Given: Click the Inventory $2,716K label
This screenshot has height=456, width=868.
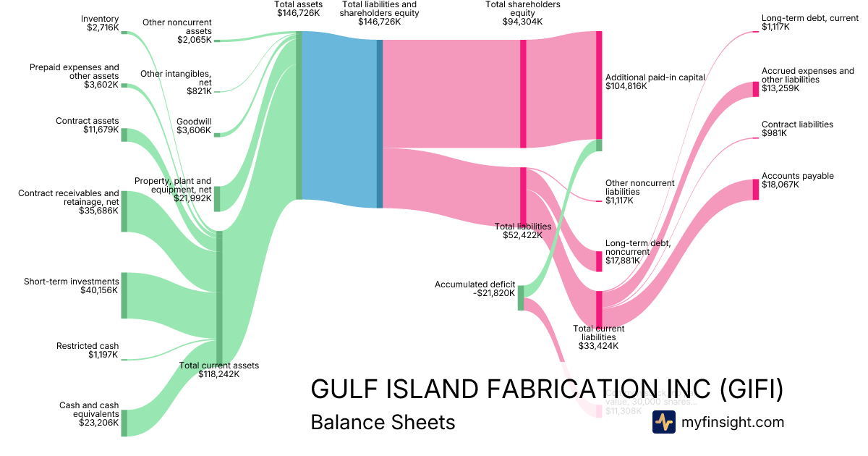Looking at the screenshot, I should (100, 24).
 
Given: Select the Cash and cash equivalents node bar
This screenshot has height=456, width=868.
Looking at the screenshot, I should (124, 423).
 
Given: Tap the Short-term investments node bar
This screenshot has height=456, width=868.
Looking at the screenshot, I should (124, 295).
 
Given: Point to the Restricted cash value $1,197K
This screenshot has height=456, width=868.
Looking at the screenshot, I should (103, 355).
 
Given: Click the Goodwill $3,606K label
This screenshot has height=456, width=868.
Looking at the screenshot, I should (194, 127).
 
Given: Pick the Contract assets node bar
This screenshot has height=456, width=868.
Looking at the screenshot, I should (124, 135).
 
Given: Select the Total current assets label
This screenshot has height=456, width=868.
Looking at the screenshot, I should (218, 370).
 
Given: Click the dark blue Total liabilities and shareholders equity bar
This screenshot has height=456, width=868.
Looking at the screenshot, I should (379, 124).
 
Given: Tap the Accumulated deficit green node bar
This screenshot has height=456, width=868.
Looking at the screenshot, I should (520, 298).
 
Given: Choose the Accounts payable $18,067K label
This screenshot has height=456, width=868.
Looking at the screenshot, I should (797, 180).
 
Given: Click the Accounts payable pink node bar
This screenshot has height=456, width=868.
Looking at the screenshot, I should (756, 189).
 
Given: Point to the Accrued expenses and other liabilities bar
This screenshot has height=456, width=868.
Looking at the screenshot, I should (756, 89).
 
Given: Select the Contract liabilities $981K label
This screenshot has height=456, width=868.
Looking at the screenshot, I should (797, 129).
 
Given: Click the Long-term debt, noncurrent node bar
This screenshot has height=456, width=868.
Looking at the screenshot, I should (598, 261).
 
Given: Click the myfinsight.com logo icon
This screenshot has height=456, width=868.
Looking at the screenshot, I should (663, 422).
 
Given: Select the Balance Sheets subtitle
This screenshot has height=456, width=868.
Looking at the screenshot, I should (383, 422).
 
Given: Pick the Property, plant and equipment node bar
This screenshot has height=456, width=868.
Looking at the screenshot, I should (216, 198).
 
